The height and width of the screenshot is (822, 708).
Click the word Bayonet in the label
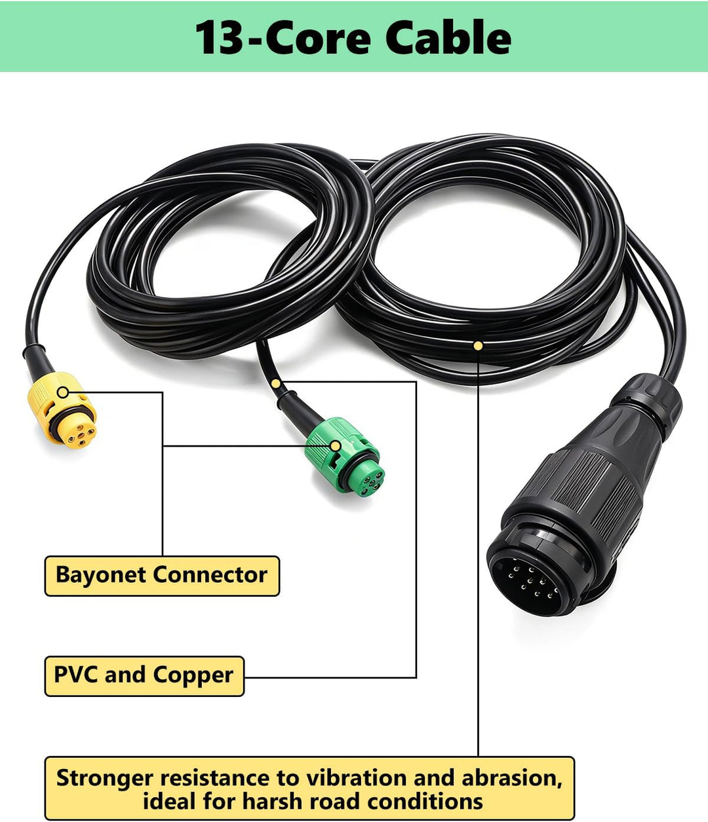click(101, 575)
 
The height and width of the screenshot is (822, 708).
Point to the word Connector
click(210, 575)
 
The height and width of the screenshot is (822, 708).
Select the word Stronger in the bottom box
click(105, 779)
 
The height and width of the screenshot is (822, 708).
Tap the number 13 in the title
click(218, 38)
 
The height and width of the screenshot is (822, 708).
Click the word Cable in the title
click(448, 37)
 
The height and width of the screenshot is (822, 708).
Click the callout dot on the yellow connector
click(62, 392)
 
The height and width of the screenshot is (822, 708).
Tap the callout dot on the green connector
click(336, 446)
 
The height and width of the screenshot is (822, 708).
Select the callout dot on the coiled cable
click(478, 346)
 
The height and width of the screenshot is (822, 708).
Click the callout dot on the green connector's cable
click(275, 384)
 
